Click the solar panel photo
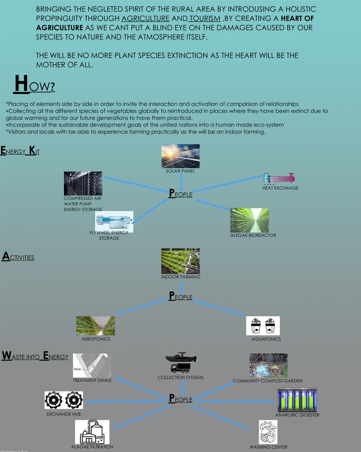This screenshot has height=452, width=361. click(x=180, y=156)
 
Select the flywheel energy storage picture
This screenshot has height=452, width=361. click(x=114, y=221)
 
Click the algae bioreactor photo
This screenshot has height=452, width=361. click(x=249, y=220)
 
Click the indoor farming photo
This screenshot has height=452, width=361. click(x=180, y=261)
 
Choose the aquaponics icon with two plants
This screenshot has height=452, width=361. click(x=263, y=325)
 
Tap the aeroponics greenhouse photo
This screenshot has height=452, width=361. click(x=96, y=325)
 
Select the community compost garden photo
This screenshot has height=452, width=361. click(x=268, y=365)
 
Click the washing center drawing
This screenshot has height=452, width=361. click(x=268, y=432)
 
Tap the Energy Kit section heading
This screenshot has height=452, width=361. click(x=20, y=151)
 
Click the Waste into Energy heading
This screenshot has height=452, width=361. click(x=35, y=357)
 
